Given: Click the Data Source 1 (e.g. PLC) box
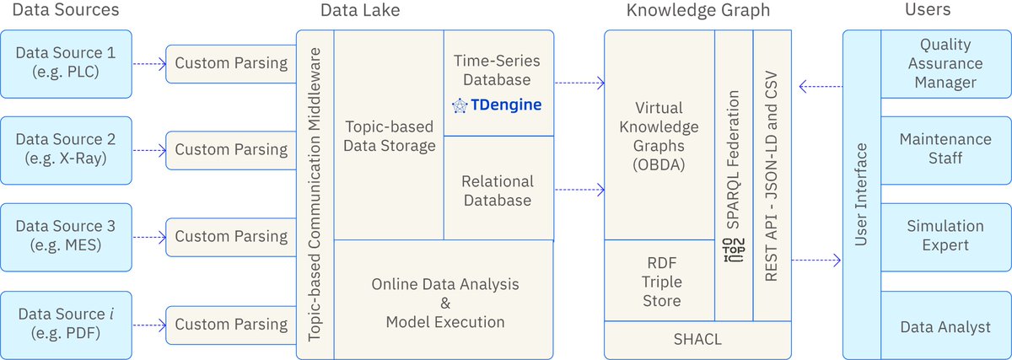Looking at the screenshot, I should click(x=66, y=62).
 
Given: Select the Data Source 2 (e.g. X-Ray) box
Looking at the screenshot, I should click(x=66, y=150).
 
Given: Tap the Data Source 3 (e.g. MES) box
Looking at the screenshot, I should click(x=66, y=237).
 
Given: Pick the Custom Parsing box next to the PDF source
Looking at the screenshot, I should click(x=230, y=325).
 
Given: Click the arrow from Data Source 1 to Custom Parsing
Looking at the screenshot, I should click(x=148, y=62).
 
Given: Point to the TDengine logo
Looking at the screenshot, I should click(x=496, y=105).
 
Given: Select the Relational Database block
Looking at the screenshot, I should click(x=498, y=191).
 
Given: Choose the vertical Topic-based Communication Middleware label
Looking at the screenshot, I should click(x=315, y=194).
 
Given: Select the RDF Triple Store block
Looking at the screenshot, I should click(x=659, y=281).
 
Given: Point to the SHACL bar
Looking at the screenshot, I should click(x=697, y=341).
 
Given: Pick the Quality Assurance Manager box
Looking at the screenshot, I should click(x=945, y=63).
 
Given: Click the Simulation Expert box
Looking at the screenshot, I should click(x=945, y=236).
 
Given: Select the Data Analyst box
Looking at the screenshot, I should click(x=945, y=327).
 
